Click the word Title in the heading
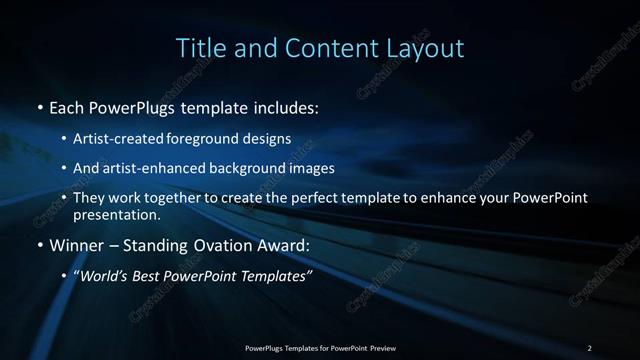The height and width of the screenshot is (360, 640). (x=200, y=48)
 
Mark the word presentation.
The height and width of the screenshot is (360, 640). (x=116, y=214)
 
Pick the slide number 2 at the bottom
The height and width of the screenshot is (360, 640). (x=590, y=347)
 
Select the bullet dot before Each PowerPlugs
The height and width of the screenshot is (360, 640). (x=39, y=107)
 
